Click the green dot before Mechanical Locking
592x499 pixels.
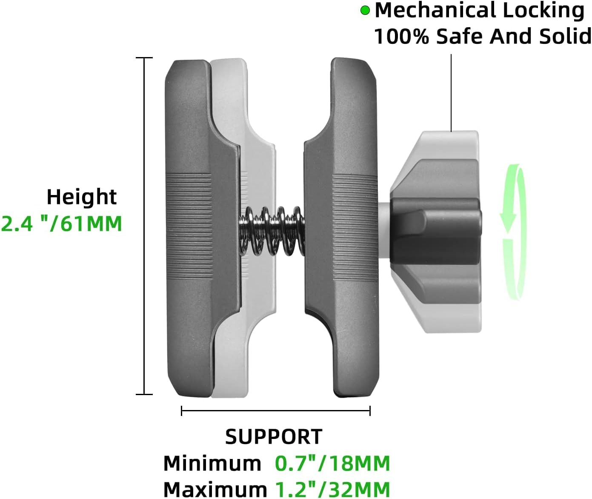(365, 11)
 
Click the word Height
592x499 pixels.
(81, 197)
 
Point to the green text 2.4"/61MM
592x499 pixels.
(62, 224)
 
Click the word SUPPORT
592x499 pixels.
(274, 437)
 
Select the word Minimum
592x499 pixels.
(212, 463)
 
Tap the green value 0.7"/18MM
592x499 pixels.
(332, 463)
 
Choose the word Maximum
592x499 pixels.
(215, 489)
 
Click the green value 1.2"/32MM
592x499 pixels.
(332, 489)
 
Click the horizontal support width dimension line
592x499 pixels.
(275, 411)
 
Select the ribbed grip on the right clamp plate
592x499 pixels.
(354, 226)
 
